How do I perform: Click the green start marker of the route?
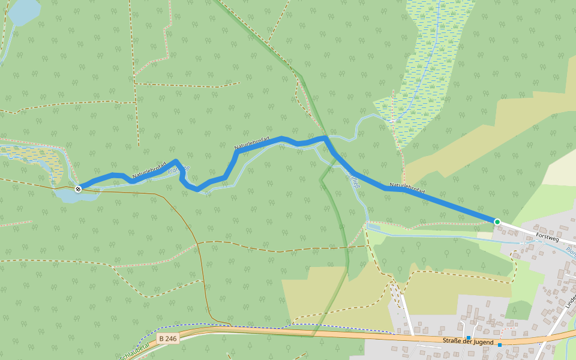pos(497,222)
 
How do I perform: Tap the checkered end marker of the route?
pos(78,189)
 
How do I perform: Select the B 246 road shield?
pos(168,339)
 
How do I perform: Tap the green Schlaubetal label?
pos(133,353)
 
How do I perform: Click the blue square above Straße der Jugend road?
pos(468,338)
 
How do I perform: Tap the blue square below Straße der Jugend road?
pos(499,345)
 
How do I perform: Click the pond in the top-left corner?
pos(23,11)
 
